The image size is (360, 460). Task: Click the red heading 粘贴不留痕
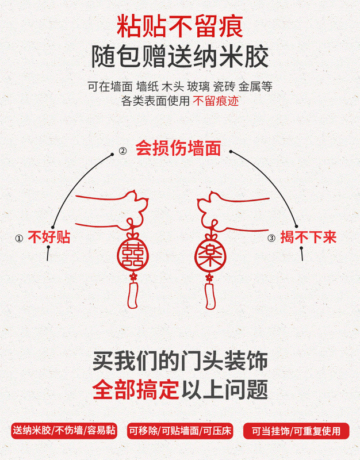[179, 26]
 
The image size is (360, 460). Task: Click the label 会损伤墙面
[178, 149]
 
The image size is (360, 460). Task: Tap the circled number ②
[122, 151]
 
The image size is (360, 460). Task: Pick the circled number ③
[271, 238]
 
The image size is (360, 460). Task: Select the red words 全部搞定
[136, 390]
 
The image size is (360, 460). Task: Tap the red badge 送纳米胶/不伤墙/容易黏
[63, 431]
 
